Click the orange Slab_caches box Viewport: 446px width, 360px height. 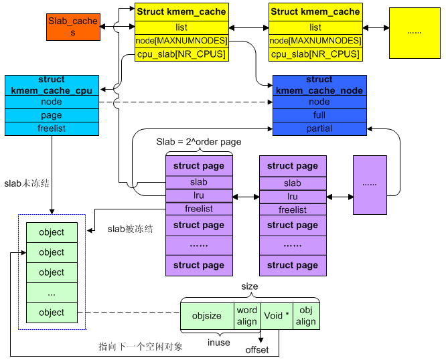pyautogui.click(x=73, y=26)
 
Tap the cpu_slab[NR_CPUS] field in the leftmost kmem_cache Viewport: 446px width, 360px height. pyautogui.click(x=181, y=54)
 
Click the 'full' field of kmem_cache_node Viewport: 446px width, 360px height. pyautogui.click(x=319, y=115)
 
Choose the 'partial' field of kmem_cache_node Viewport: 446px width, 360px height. pyautogui.click(x=319, y=128)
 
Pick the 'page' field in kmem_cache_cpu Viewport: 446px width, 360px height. pyautogui.click(x=52, y=115)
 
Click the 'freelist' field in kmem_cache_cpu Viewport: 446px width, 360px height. pyautogui.click(x=52, y=128)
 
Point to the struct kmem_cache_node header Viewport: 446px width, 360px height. pyautogui.click(x=319, y=85)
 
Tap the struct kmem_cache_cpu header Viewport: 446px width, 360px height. pyautogui.click(x=52, y=85)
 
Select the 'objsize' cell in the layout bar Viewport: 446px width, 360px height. pyautogui.click(x=206, y=316)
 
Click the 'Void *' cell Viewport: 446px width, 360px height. pyautogui.click(x=277, y=316)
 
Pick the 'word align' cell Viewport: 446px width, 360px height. pyautogui.click(x=246, y=316)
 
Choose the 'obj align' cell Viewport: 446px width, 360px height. pyautogui.click(x=306, y=316)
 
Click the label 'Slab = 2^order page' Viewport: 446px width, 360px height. pyautogui.click(x=199, y=142)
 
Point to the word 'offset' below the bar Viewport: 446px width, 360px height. pyautogui.click(x=257, y=350)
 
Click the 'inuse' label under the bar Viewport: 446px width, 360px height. pyautogui.click(x=219, y=343)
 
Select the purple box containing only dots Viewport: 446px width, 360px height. pyautogui.click(x=370, y=185)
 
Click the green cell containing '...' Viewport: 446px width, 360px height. pyautogui.click(x=52, y=292)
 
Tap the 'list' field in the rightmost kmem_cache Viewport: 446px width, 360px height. pyautogui.click(x=315, y=27)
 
